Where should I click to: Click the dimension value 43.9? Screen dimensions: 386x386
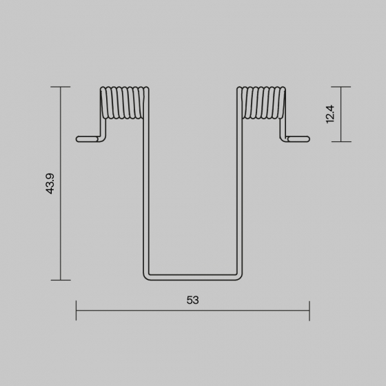click(50, 183)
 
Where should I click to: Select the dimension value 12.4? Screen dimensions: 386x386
click(330, 114)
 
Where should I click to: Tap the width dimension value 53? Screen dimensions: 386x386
click(192, 300)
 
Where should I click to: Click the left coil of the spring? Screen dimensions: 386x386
click(124, 103)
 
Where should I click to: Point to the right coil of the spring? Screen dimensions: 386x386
click(261, 103)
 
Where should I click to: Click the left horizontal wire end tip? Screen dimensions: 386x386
click(77, 139)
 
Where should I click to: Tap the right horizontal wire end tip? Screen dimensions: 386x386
click(309, 139)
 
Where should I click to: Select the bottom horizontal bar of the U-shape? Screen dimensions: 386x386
click(193, 277)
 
